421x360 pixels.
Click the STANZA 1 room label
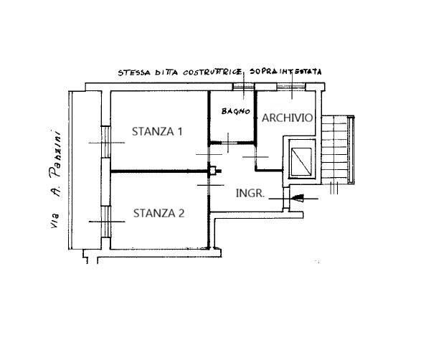point(157,131)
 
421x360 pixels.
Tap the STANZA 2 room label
point(159,214)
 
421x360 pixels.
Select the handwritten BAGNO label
point(236,111)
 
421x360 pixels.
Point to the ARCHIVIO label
point(288,118)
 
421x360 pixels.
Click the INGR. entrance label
point(250,194)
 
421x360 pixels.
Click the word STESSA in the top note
point(134,72)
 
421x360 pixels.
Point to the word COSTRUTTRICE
point(212,72)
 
